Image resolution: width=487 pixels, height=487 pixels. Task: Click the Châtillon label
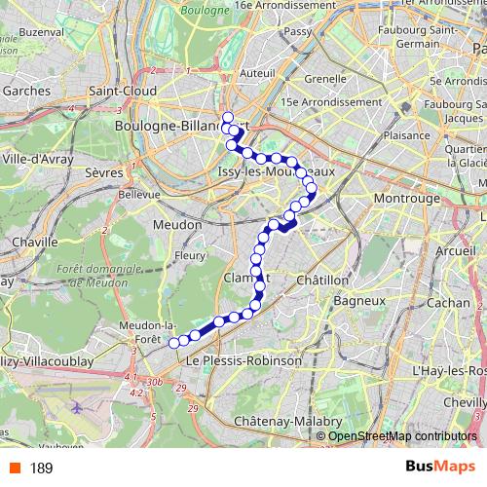point(321,280)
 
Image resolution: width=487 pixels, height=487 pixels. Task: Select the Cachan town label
point(447,303)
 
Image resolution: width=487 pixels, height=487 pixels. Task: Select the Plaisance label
point(411,136)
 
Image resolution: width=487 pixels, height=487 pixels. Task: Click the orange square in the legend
point(13,468)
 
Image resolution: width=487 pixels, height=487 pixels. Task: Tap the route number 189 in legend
point(40,468)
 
